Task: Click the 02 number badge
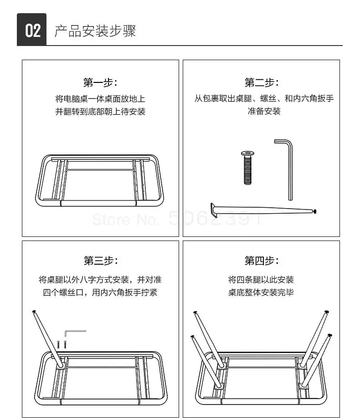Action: [x=32, y=31]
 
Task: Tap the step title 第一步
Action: [x=100, y=82]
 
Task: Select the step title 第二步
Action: [x=262, y=82]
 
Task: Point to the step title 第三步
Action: [x=100, y=261]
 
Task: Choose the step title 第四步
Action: [x=262, y=261]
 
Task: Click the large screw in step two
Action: [x=247, y=168]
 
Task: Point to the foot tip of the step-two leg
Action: [x=314, y=211]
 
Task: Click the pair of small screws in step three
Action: [x=62, y=345]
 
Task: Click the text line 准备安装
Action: [x=264, y=111]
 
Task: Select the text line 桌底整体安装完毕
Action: [x=261, y=292]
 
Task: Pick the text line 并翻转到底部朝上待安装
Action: [x=100, y=111]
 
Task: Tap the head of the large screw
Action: [x=247, y=154]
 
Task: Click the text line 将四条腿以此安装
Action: [x=261, y=279]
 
